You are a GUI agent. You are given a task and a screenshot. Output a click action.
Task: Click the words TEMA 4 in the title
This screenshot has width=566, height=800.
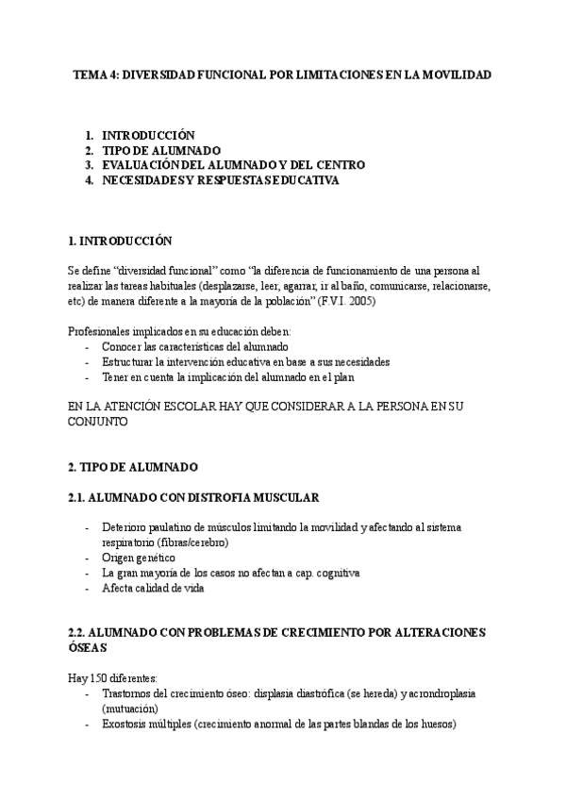point(95,74)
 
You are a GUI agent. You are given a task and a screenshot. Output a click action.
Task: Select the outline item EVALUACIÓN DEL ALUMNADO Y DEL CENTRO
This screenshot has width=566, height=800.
point(233,165)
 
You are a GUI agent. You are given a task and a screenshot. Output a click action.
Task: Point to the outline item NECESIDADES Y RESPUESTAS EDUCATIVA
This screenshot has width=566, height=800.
point(220,180)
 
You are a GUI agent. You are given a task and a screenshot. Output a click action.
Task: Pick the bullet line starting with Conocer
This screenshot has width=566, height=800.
point(189,346)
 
